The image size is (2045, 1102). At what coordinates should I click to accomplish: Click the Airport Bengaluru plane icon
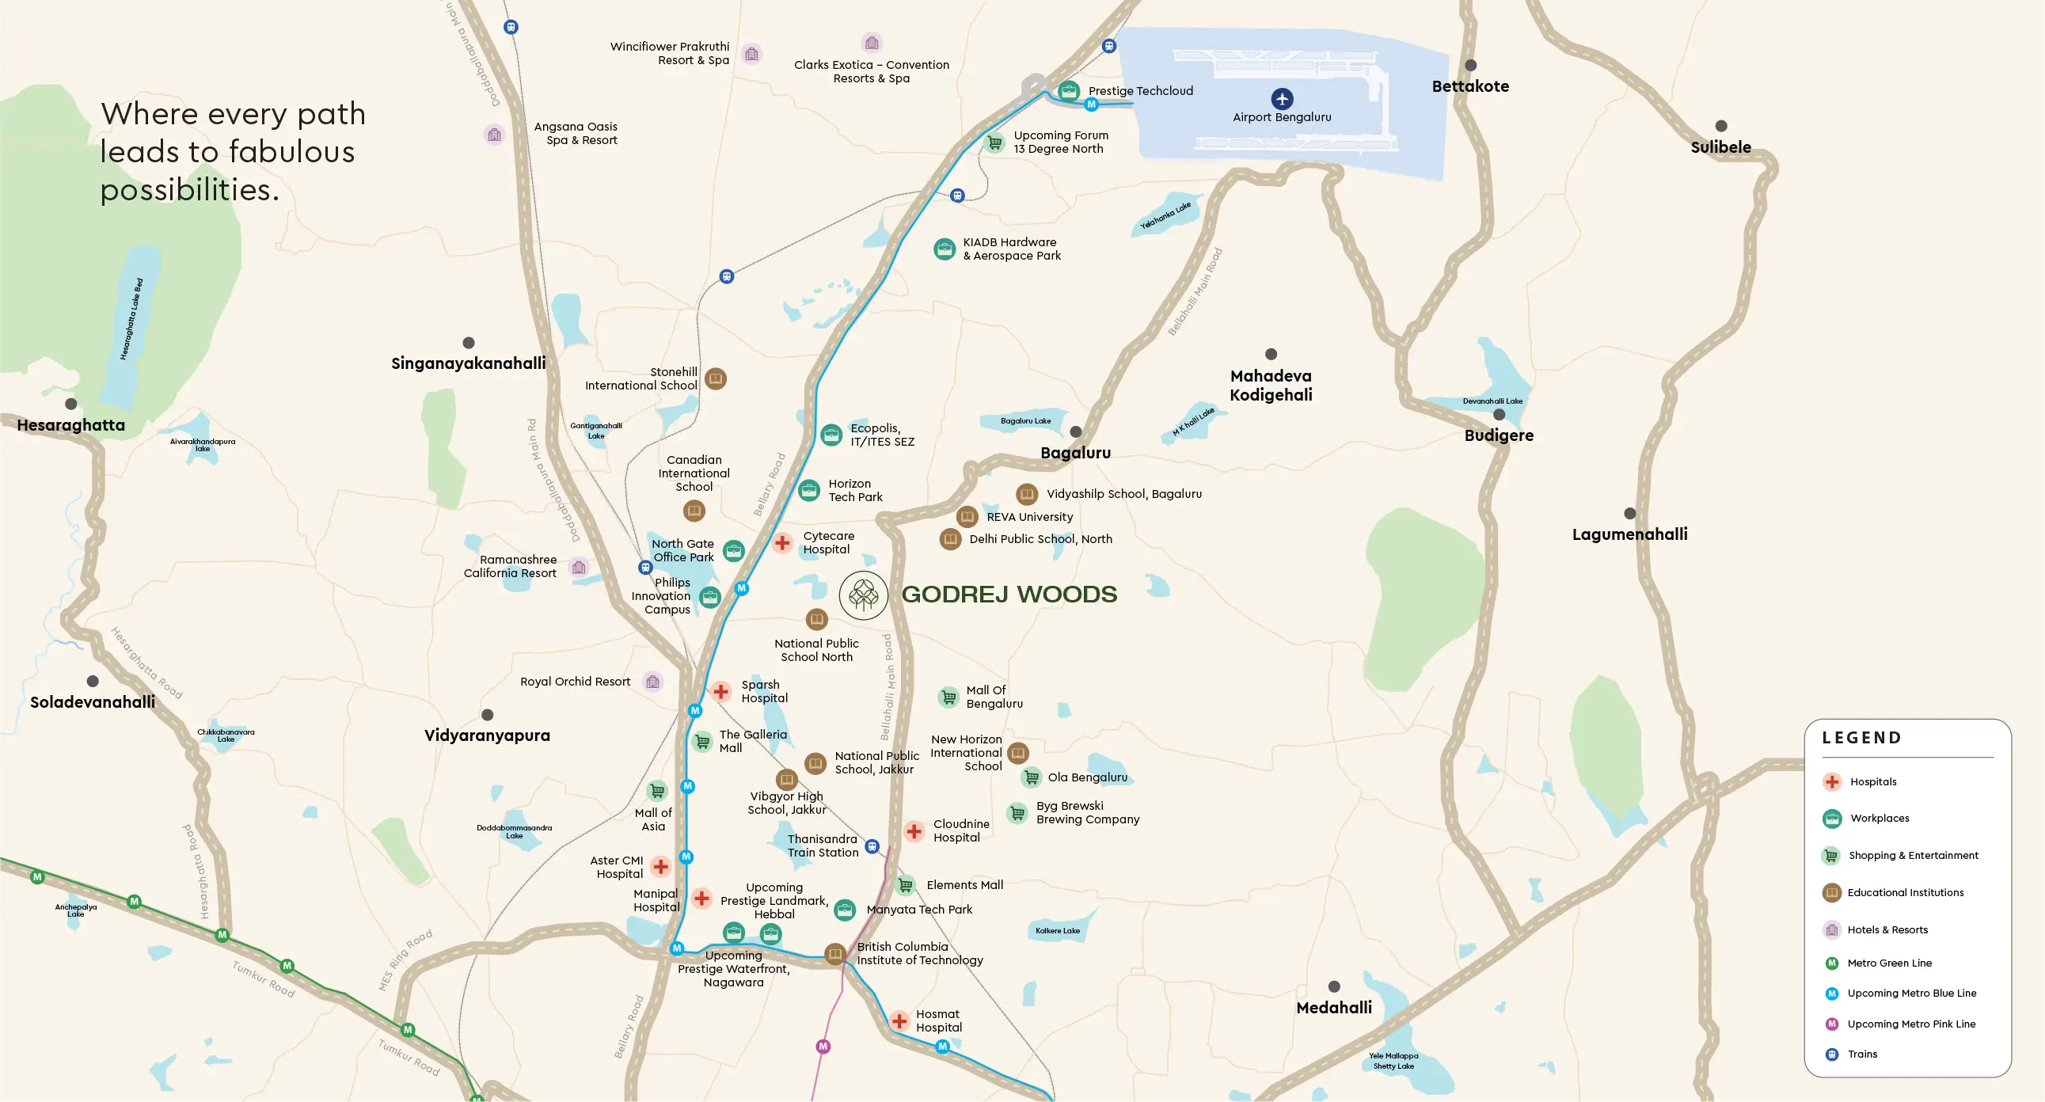(1281, 98)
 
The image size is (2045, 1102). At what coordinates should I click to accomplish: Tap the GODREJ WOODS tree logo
(863, 595)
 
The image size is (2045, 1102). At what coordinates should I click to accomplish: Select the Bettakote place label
(1469, 86)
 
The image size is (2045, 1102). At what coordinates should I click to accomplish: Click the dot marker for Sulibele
(1720, 126)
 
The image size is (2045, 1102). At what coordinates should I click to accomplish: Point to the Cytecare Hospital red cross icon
(782, 542)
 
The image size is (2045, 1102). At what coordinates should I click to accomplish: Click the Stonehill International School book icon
(715, 378)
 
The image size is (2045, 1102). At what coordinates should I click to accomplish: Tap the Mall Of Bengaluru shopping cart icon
(948, 697)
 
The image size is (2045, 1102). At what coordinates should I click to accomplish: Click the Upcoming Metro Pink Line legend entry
(1910, 1024)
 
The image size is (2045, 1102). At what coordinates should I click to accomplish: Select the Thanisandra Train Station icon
(872, 846)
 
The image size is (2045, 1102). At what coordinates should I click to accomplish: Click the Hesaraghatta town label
(70, 426)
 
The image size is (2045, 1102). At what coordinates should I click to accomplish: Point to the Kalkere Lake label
(1057, 930)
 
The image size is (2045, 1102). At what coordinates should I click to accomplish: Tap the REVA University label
(1029, 517)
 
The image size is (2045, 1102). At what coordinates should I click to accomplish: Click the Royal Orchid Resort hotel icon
(652, 682)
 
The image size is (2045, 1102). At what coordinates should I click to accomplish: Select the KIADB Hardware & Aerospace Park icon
(944, 249)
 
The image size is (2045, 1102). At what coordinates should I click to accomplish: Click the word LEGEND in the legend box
(1861, 738)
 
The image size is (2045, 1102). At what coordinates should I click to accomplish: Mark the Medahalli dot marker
(1334, 987)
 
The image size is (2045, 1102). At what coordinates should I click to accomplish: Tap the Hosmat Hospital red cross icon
(899, 1021)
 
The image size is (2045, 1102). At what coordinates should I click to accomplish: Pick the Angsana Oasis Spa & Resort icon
(495, 134)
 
